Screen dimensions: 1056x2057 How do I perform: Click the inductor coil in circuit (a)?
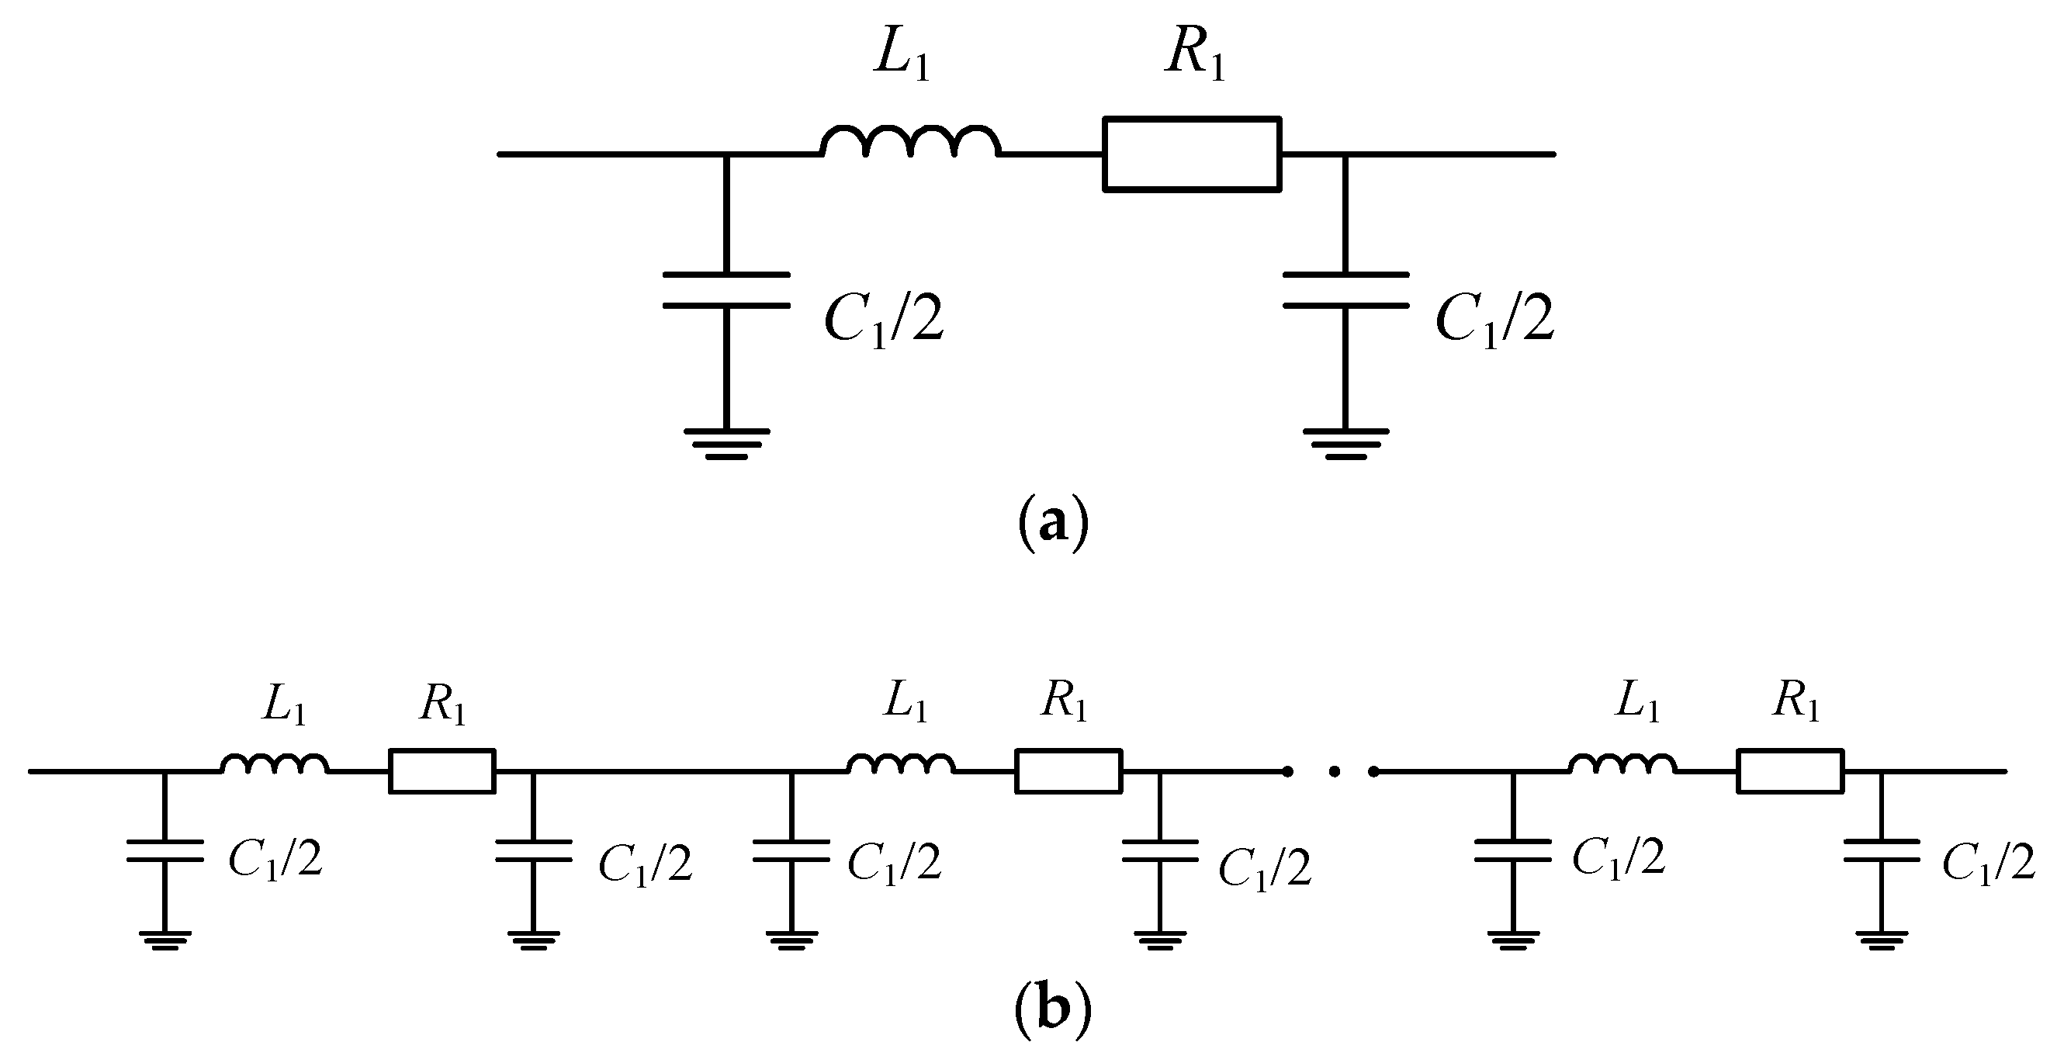pos(909,142)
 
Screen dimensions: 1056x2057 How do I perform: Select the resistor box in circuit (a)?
pos(1191,155)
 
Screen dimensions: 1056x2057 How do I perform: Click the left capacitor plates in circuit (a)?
pos(725,290)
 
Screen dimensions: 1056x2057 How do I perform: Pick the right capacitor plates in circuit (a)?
pos(1345,290)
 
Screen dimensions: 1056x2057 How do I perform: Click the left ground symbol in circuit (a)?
pos(725,444)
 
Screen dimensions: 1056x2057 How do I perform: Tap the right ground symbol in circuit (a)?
pos(1345,444)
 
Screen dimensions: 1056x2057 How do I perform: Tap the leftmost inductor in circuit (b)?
pos(274,765)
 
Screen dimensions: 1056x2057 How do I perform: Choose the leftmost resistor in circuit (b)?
pos(442,770)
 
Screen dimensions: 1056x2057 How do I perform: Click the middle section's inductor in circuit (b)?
pos(900,765)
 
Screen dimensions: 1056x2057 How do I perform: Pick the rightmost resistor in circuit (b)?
pos(1790,770)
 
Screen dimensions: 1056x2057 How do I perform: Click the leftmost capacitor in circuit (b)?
pos(164,850)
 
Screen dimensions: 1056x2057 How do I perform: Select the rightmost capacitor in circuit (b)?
pos(1882,850)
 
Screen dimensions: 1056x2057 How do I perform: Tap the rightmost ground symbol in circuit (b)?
pos(1882,940)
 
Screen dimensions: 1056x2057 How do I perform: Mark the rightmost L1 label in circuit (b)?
pos(1637,704)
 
